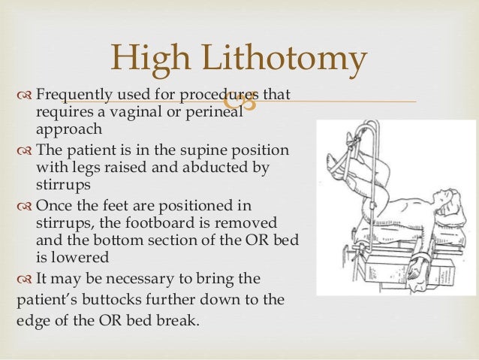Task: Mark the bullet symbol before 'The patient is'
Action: [23, 150]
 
